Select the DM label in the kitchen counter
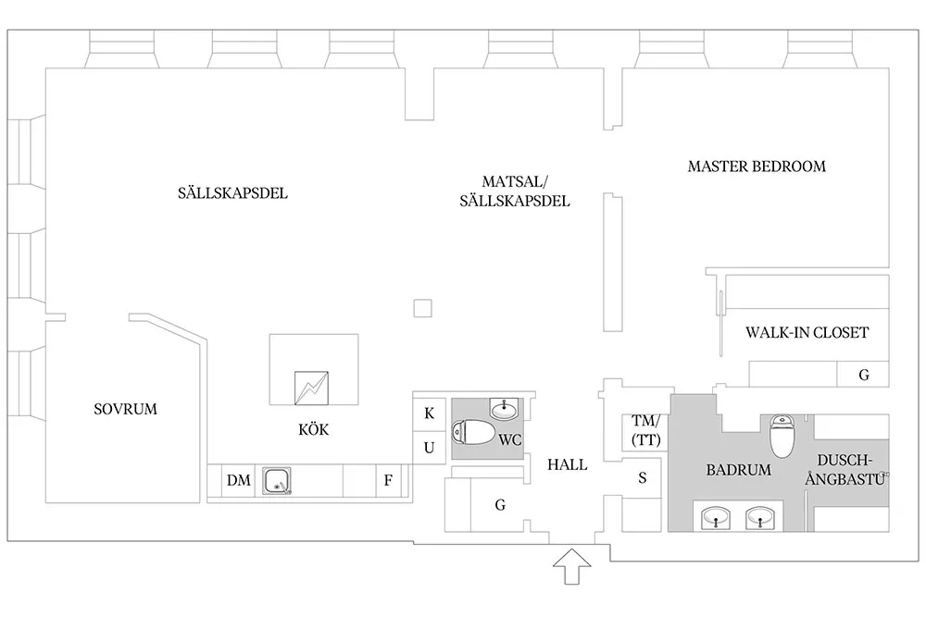(x=238, y=481)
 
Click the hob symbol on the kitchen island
(x=310, y=388)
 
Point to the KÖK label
(x=314, y=430)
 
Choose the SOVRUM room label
(x=126, y=409)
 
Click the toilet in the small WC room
(x=475, y=431)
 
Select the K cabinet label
(x=429, y=413)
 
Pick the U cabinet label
(x=429, y=448)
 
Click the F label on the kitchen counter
(x=389, y=481)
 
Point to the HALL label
(x=567, y=464)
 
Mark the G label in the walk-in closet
(x=863, y=375)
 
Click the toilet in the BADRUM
(x=783, y=435)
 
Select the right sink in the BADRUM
(x=761, y=518)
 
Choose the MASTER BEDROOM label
(x=757, y=167)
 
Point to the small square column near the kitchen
(x=423, y=308)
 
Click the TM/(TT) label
(x=644, y=431)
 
